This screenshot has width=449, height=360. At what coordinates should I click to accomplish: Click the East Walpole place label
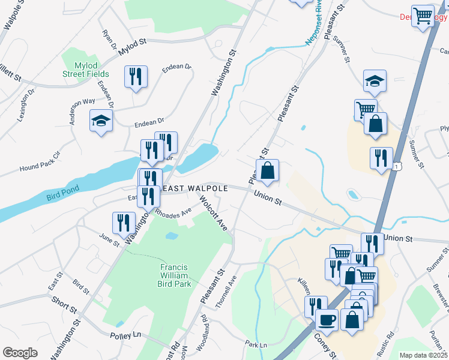[195, 188]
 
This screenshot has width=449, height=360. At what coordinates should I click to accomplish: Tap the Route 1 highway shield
[397, 166]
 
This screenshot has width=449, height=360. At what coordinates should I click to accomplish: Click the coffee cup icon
[327, 319]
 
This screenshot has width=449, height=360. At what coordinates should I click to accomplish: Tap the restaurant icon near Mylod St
[135, 76]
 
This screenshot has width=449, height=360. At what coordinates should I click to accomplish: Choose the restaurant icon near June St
[123, 222]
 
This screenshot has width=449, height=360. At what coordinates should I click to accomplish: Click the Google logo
[20, 353]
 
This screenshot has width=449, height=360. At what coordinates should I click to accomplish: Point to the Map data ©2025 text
[423, 355]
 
